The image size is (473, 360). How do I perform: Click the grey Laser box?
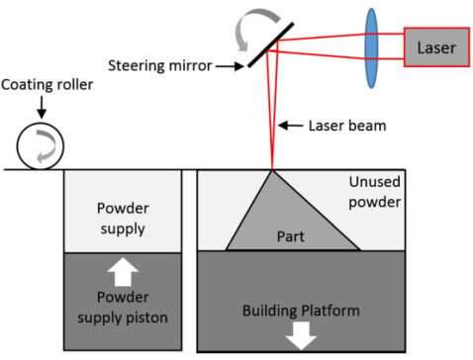click(x=436, y=47)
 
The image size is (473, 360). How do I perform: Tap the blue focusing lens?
click(x=371, y=48)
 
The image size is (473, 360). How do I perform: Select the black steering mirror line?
click(x=270, y=45)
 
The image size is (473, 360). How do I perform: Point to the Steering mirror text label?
click(x=160, y=65)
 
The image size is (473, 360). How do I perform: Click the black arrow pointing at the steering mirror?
click(x=230, y=66)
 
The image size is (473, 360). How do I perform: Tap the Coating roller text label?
click(x=47, y=85)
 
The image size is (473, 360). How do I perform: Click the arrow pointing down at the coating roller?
click(x=42, y=107)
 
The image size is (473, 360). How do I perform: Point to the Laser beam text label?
click(x=347, y=126)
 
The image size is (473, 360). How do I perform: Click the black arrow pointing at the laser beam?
click(x=291, y=126)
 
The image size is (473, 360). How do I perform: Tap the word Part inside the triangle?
click(x=290, y=236)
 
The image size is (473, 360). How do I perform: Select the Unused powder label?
click(x=375, y=192)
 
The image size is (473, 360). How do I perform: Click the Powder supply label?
click(x=123, y=219)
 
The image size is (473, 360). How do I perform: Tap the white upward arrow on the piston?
click(x=123, y=272)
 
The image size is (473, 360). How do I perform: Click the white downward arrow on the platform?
click(x=301, y=335)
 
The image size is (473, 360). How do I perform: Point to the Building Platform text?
click(x=301, y=311)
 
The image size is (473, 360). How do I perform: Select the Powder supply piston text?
click(x=123, y=308)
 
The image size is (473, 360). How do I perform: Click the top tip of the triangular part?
click(x=272, y=171)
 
